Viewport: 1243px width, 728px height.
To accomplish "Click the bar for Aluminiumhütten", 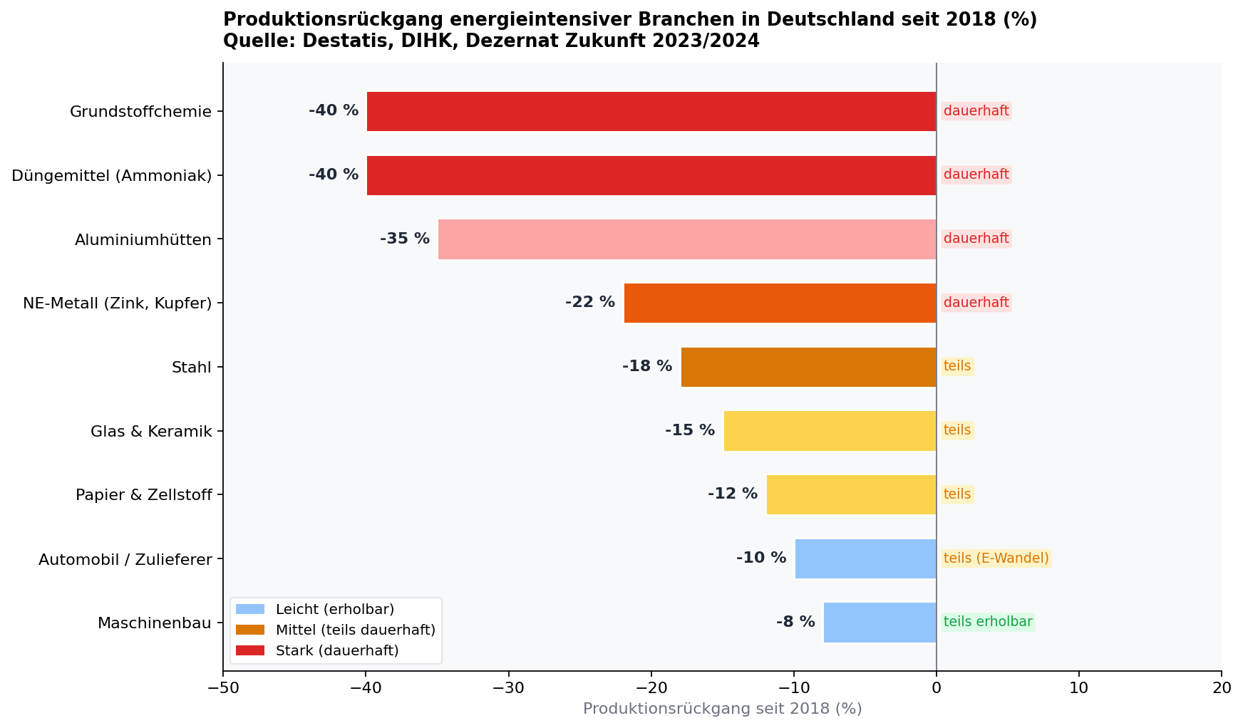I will pos(687,239).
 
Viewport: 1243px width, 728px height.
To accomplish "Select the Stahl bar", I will pos(808,367).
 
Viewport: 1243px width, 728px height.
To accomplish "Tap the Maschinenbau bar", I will pos(880,623).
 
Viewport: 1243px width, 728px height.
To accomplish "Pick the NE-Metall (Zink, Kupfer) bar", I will pos(780,303).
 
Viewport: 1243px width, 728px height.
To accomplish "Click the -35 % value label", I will pos(405,239).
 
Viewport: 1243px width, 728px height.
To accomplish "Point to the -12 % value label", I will pos(733,494).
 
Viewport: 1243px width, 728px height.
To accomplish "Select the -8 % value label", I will pos(795,622).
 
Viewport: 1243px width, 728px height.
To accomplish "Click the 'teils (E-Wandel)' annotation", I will pos(996,558).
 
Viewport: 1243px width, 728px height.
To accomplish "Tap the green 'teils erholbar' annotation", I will pos(987,622).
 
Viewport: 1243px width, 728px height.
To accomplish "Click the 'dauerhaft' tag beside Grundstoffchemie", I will pos(976,111).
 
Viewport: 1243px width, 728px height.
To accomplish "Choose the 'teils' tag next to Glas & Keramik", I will pos(957,430).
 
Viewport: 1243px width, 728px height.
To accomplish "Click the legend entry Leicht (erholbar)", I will pos(335,609).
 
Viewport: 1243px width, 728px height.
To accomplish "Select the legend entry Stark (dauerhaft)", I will pos(337,650).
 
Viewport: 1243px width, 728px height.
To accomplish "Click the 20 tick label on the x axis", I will pos(1221,687).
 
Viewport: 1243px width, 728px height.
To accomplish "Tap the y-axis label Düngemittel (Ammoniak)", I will pos(112,175).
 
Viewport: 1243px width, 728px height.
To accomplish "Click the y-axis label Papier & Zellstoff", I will pos(144,494).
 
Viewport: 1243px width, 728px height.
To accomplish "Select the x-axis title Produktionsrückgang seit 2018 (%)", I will pos(722,709).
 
